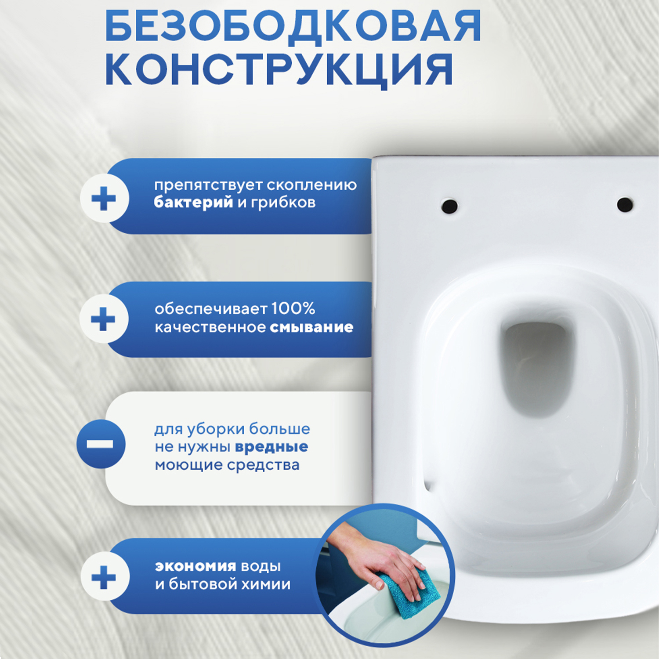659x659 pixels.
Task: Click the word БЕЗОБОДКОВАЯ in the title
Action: click(293, 27)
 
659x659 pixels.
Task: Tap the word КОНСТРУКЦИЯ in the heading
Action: click(279, 69)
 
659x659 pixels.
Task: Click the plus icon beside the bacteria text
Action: click(104, 199)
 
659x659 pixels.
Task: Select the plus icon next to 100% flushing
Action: click(104, 319)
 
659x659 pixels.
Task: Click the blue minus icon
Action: click(101, 444)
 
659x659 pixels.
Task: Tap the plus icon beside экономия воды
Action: click(104, 577)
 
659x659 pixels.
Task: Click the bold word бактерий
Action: click(193, 203)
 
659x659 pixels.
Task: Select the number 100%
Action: click(293, 308)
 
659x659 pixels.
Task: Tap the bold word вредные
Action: click(271, 447)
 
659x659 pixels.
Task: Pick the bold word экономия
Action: click(195, 566)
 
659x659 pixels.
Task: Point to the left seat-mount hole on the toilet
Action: click(449, 206)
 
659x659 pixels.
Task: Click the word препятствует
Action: click(208, 185)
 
